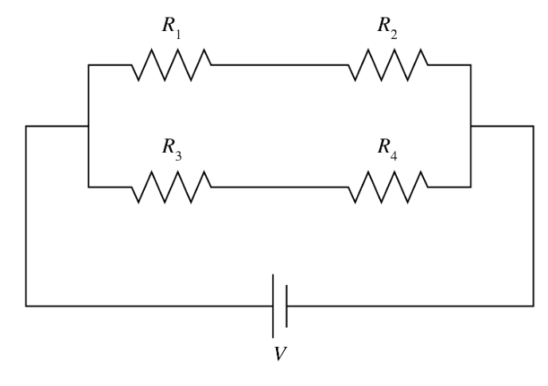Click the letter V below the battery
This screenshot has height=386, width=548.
[x=280, y=353]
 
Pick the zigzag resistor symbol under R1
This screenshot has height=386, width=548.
[x=172, y=64]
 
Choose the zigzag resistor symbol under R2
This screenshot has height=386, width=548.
[x=388, y=64]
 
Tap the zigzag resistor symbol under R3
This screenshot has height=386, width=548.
[x=172, y=186]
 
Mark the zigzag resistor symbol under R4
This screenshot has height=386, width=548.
[x=388, y=186]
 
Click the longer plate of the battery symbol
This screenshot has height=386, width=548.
[x=274, y=305]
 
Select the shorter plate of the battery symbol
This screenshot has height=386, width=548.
[x=286, y=305]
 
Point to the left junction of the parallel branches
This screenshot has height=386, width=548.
[x=88, y=126]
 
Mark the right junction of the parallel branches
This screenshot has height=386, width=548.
[x=472, y=126]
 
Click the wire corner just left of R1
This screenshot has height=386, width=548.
[x=88, y=64]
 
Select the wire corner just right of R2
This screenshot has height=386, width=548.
[x=472, y=64]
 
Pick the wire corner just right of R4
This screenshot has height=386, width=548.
[x=472, y=186]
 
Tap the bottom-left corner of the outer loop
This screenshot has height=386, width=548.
[x=26, y=305]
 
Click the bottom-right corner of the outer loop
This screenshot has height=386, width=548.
[x=534, y=305]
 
